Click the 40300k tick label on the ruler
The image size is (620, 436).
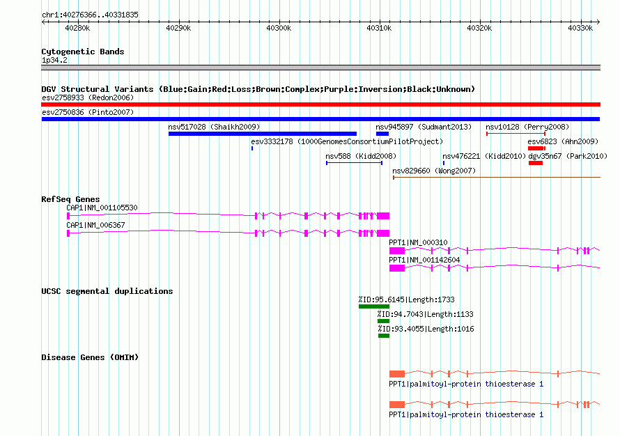click(279, 28)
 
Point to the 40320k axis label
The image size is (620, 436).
click(479, 28)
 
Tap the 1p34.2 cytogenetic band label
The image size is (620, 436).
click(54, 60)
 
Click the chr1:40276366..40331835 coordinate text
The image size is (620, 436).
click(90, 15)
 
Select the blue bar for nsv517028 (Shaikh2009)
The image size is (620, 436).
click(263, 134)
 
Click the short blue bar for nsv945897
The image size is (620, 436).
click(382, 134)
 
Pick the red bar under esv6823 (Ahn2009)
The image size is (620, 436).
click(536, 148)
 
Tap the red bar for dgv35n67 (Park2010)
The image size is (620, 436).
click(536, 163)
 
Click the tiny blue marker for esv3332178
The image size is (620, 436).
click(252, 148)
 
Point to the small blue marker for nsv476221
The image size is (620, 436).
click(444, 163)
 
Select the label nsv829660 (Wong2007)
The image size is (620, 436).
click(434, 171)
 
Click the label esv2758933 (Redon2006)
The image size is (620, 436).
click(88, 98)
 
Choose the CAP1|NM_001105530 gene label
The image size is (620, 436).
click(102, 208)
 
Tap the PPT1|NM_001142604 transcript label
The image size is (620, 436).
click(424, 260)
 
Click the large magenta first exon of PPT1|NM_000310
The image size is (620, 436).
click(397, 251)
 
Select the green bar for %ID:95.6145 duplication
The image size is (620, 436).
click(374, 306)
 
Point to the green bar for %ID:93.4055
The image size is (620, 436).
click(384, 336)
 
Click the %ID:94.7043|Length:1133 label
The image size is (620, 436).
click(426, 314)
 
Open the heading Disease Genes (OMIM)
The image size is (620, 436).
click(90, 357)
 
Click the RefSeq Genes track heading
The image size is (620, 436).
click(71, 199)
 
